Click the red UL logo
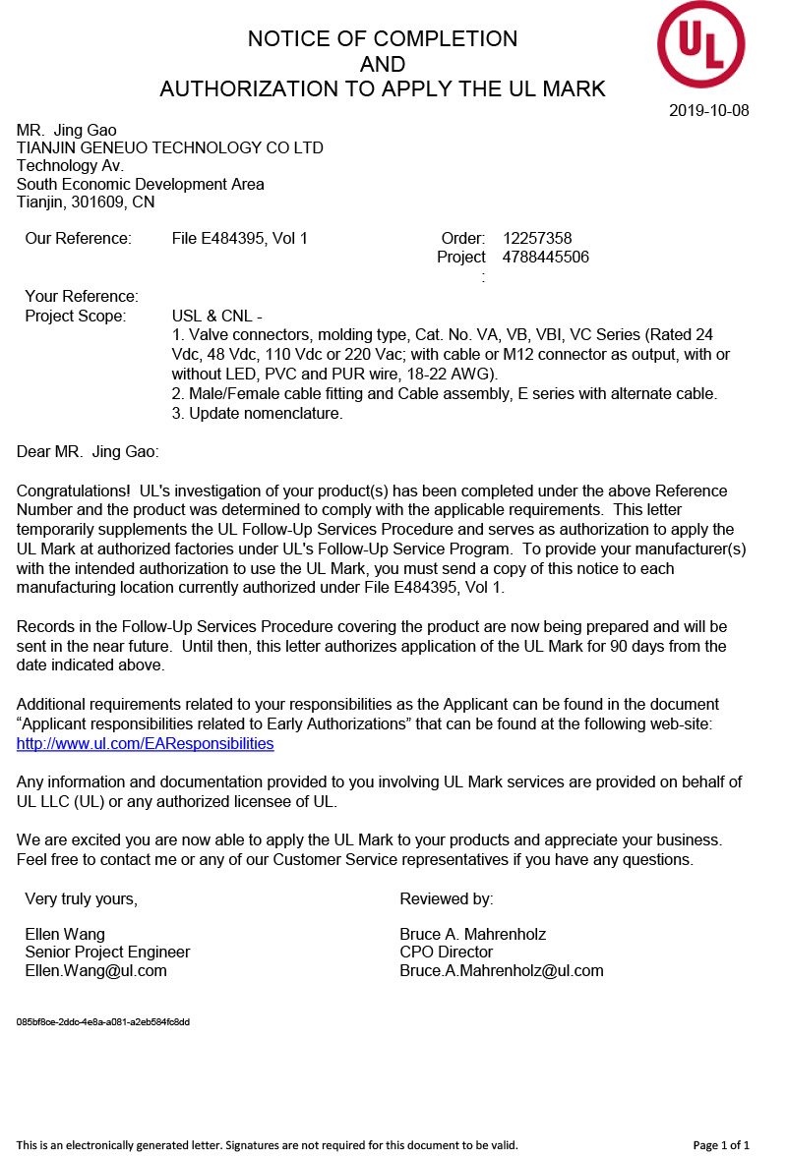point(700,44)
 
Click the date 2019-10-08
point(708,110)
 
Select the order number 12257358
point(537,238)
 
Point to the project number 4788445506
point(546,258)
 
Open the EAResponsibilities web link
point(145,743)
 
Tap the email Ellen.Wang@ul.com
point(95,970)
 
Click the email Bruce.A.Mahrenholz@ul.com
point(501,970)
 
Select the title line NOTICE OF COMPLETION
point(383,39)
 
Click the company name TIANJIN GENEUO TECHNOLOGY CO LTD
point(170,148)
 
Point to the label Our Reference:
point(78,238)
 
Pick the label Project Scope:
point(76,316)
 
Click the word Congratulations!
point(74,491)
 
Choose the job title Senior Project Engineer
point(107,952)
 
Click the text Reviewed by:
point(447,898)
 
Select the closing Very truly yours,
point(81,898)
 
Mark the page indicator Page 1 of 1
point(721,1145)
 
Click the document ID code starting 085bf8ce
point(103,1022)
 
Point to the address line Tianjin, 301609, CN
point(86,202)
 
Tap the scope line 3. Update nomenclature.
point(257,413)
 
